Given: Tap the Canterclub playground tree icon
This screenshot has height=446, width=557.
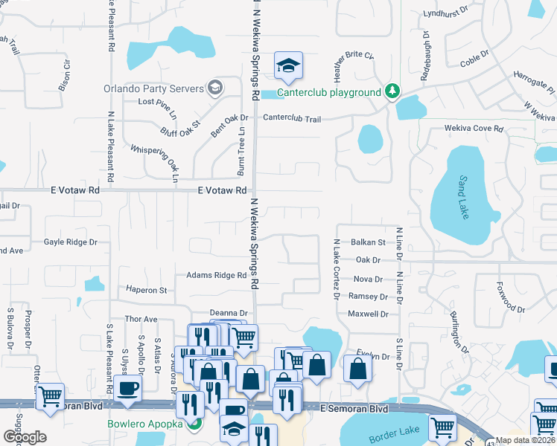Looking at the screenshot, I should tap(392, 92).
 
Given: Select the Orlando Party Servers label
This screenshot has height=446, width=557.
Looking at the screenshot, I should tap(153, 88).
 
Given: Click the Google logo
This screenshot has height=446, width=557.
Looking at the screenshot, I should tap(25, 436).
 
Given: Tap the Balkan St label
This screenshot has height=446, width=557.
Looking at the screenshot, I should tap(369, 242).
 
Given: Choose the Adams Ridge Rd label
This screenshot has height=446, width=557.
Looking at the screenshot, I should tap(216, 275).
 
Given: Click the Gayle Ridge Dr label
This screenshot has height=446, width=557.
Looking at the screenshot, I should tap(71, 242).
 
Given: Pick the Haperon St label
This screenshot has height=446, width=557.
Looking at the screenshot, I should tap(146, 290).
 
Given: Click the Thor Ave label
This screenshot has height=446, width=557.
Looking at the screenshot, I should tap(141, 319).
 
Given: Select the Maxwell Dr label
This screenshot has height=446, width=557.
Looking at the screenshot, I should tap(368, 314).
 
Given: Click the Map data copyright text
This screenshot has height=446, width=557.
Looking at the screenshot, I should tap(526, 440).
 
